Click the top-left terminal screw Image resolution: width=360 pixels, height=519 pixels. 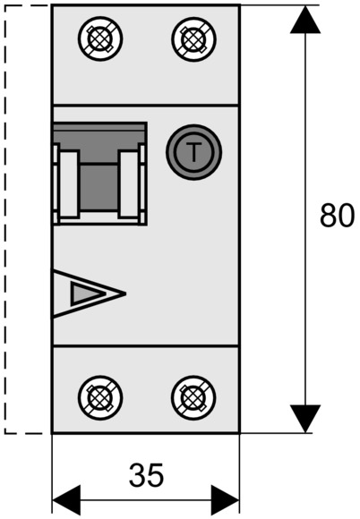tap(100, 38)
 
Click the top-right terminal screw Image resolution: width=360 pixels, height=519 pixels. tap(194, 38)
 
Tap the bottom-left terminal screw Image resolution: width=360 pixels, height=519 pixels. tap(100, 397)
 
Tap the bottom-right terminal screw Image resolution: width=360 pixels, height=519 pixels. tap(194, 397)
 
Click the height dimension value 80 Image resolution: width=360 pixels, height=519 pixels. tap(337, 216)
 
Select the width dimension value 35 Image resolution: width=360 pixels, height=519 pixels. tap(146, 475)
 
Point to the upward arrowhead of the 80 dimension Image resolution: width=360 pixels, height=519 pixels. tap(305, 19)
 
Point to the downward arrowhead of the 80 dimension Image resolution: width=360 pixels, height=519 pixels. tap(305, 419)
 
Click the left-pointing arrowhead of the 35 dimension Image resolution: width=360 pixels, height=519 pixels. tap(66, 500)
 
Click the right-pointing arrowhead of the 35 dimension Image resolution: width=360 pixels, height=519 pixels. tap(225, 500)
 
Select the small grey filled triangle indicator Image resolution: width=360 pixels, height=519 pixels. tap(86, 294)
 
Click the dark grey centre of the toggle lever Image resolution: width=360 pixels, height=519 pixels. tap(99, 187)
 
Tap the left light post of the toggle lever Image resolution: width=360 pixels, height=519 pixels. tap(69, 184)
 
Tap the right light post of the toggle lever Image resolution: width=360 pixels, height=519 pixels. tap(128, 184)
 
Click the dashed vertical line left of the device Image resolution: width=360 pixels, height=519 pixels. tap(5, 219)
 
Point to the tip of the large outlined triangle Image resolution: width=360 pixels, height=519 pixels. tap(125, 294)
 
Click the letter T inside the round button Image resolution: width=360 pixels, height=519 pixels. tap(193, 152)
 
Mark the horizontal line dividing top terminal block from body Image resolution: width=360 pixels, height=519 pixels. tap(146, 105)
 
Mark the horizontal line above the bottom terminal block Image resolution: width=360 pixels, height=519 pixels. tap(146, 346)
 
